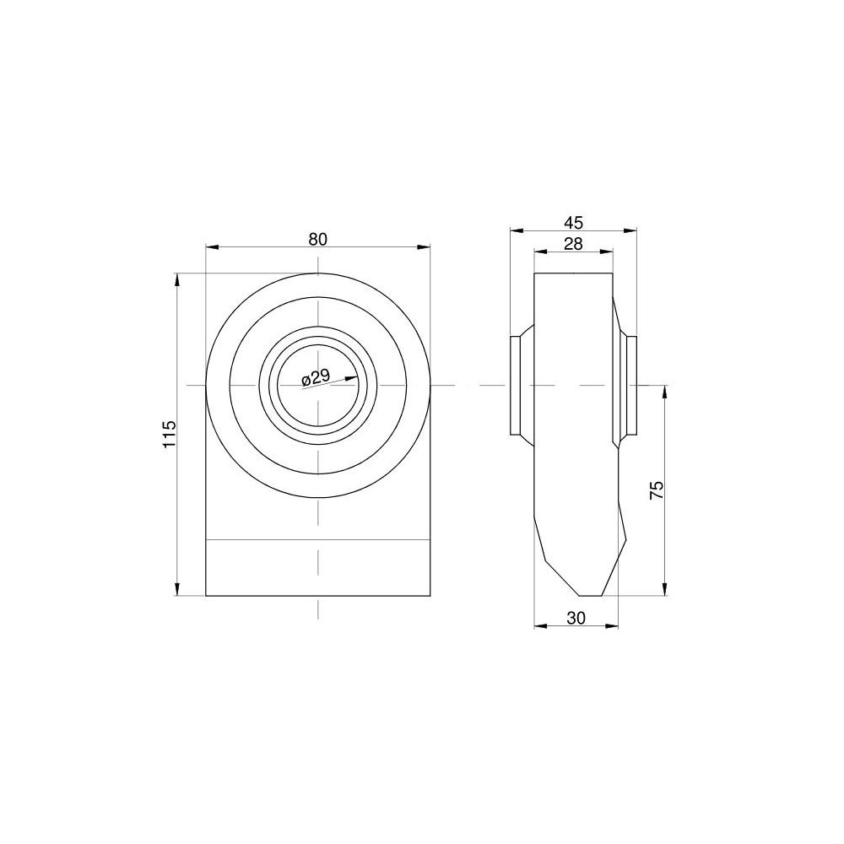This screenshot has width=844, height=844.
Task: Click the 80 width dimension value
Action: [x=317, y=239]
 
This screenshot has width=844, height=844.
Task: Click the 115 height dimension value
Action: [x=169, y=434]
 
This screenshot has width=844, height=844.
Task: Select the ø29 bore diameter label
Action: [x=316, y=376]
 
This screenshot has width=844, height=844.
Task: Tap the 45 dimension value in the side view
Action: [x=573, y=222]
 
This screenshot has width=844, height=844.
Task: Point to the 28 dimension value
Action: [x=573, y=244]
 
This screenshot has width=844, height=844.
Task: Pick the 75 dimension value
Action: [x=657, y=490]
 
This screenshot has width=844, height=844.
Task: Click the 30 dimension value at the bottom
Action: [x=576, y=619]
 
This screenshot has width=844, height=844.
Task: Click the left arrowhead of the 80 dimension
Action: [x=212, y=247]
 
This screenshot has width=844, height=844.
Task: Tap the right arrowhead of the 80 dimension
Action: [x=425, y=247]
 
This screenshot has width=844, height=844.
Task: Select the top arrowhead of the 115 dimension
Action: [x=176, y=280]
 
